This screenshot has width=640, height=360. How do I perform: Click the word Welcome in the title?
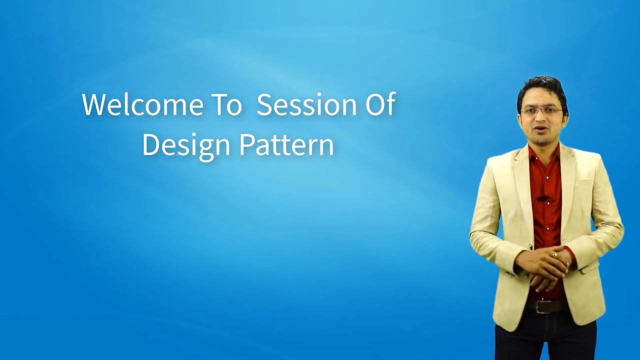click(142, 105)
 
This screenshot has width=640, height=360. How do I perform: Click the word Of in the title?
click(380, 105)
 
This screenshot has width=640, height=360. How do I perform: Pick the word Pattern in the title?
click(286, 145)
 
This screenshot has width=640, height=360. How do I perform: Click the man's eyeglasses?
click(541, 111)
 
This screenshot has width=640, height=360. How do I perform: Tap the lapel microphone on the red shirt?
click(543, 198)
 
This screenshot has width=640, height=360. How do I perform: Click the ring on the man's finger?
click(554, 254)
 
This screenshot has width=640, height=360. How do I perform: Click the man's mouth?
click(540, 131)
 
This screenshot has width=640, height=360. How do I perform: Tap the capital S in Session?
click(263, 105)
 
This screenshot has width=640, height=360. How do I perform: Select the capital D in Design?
click(151, 144)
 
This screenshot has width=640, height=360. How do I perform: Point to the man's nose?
click(540, 119)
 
